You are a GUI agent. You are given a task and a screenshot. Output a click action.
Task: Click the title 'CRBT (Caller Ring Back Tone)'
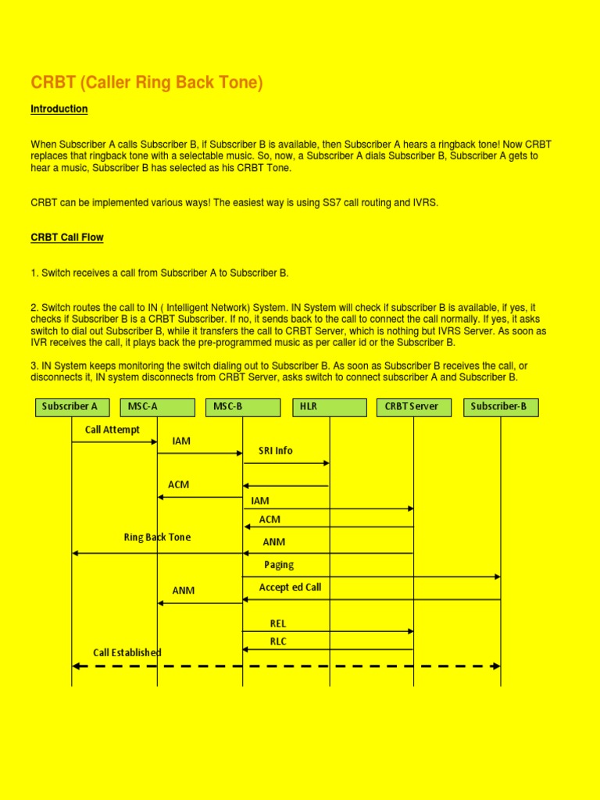[x=147, y=83]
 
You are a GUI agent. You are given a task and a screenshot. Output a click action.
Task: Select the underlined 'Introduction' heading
[x=59, y=109]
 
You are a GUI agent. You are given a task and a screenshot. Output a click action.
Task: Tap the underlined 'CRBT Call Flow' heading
[x=67, y=237]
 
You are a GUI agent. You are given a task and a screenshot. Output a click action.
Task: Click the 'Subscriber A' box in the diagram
[x=72, y=407]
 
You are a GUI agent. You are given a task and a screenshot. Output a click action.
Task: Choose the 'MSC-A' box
[x=157, y=407]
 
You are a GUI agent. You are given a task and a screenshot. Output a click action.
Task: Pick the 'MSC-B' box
[x=242, y=407]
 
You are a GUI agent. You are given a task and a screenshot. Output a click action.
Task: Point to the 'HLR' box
[x=329, y=407]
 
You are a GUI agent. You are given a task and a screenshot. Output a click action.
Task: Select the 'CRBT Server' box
[x=413, y=407]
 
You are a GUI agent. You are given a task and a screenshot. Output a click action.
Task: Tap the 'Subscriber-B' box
[x=500, y=407]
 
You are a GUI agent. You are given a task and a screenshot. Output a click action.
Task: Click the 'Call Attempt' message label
[x=112, y=430]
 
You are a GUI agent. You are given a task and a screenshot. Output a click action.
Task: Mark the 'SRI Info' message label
[x=276, y=451]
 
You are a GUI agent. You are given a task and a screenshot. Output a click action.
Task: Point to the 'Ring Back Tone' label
[x=157, y=537]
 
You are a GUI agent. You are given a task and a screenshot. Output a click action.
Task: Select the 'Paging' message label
[x=279, y=565]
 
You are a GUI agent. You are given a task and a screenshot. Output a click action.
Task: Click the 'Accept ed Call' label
[x=290, y=587]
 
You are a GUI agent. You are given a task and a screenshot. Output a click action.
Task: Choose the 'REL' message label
[x=278, y=623]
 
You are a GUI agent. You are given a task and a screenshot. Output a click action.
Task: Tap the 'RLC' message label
[x=278, y=641]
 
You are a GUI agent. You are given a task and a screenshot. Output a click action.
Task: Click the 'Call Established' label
[x=127, y=652]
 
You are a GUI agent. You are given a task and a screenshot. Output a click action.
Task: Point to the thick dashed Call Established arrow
[x=286, y=666]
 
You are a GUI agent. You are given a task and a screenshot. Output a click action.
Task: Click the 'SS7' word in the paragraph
[x=332, y=203]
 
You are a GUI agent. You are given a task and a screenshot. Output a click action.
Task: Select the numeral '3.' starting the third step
[x=35, y=366]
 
